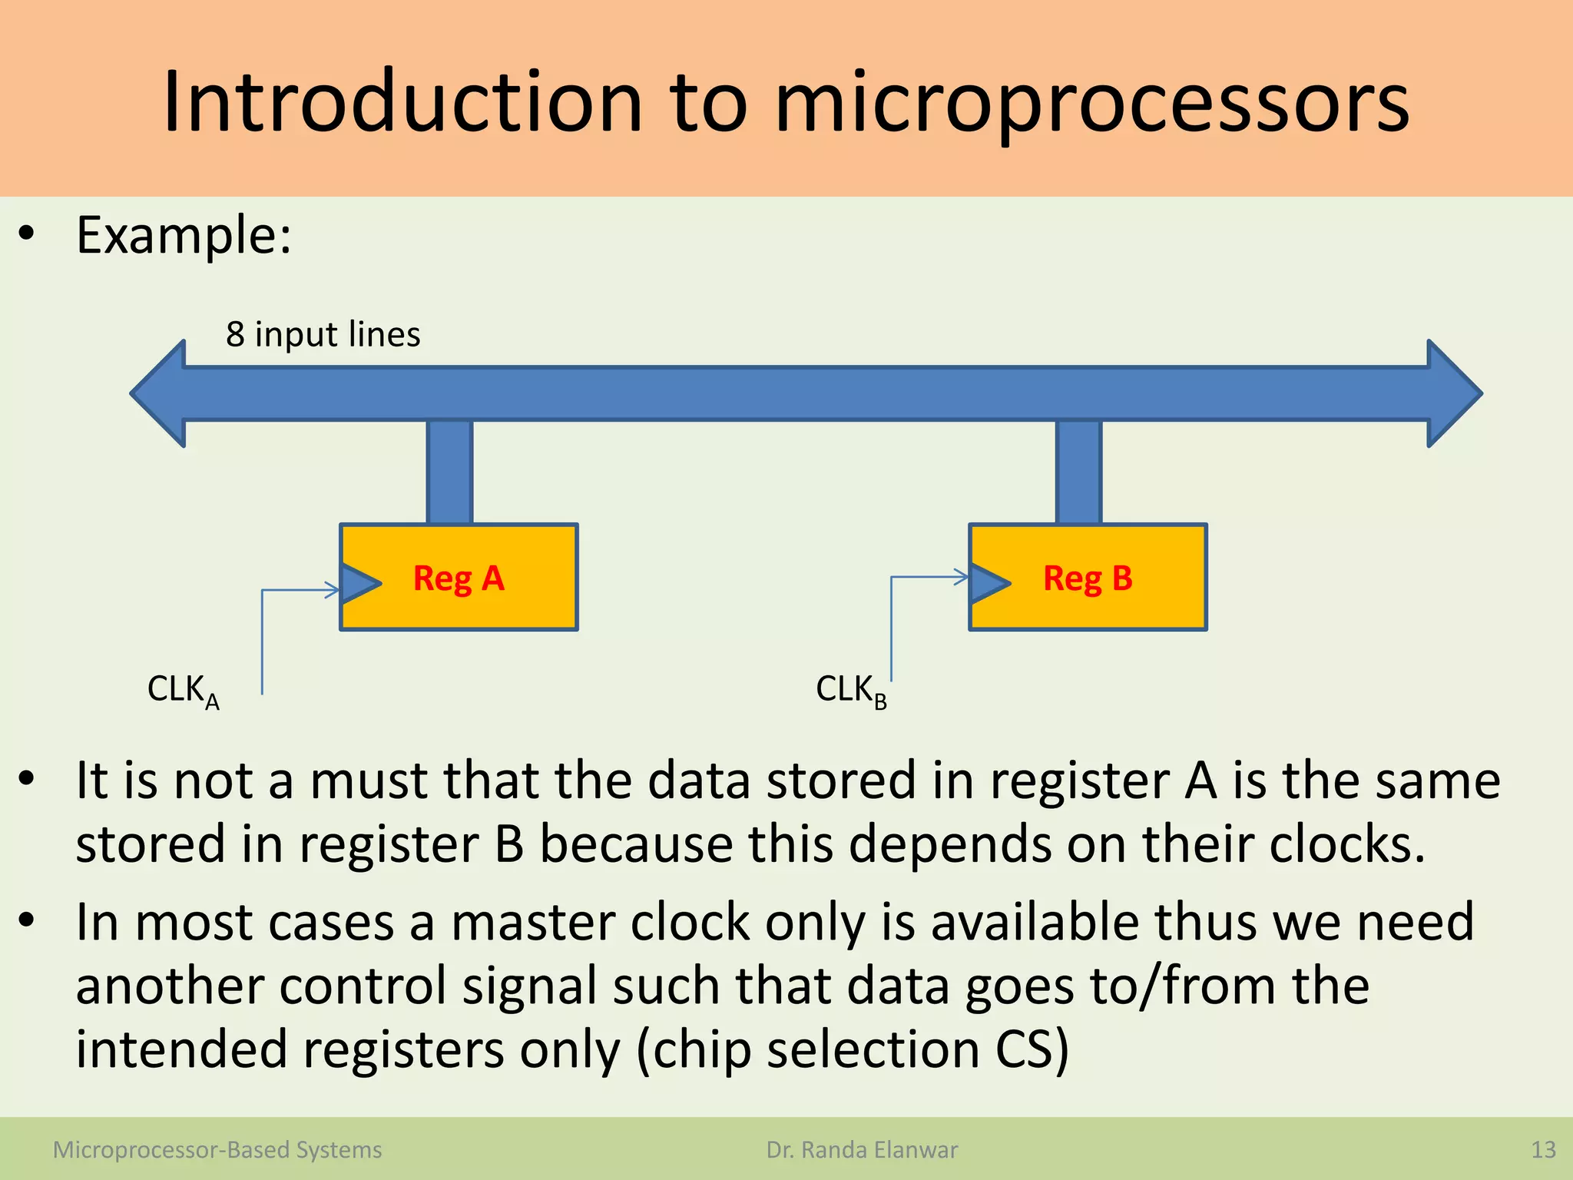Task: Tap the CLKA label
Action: coord(183,691)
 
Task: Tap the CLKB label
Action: coord(851,691)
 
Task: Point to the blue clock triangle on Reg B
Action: coord(989,583)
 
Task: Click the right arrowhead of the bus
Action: coord(1453,393)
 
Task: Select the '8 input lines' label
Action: coord(323,334)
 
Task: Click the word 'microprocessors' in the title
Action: coord(1091,104)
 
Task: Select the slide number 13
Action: coord(1543,1150)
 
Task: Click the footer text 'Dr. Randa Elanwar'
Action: coord(862,1150)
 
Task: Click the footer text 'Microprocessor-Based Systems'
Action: coord(217,1150)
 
